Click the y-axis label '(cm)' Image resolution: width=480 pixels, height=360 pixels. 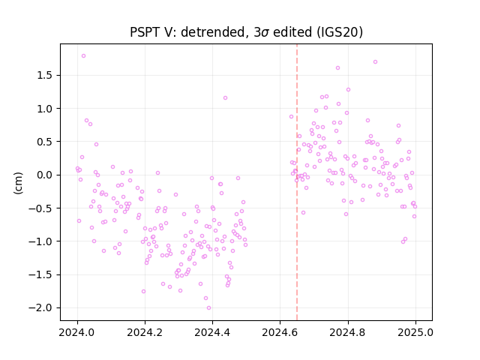18,183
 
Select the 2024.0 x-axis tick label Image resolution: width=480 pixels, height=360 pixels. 77,332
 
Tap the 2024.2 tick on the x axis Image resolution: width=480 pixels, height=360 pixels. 145,332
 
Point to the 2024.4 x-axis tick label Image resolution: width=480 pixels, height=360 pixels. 212,332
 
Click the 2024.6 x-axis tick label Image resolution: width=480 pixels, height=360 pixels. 280,332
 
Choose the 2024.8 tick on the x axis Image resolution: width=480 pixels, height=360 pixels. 348,332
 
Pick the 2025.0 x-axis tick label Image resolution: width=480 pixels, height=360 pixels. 415,332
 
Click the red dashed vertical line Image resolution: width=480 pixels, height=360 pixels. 297,182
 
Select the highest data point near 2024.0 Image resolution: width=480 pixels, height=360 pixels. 83,56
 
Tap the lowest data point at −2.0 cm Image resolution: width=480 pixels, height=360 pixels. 208,308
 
